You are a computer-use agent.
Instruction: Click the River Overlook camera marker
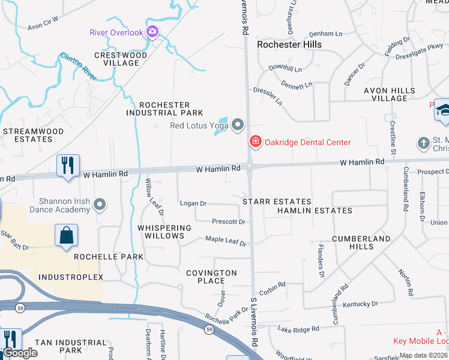(x=152, y=32)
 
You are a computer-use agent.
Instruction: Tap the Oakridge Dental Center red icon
(x=255, y=142)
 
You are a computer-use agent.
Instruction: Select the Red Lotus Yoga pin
(x=238, y=125)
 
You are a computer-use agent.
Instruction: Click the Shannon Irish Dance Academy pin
(x=100, y=206)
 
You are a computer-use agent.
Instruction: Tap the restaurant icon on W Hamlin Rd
(x=68, y=165)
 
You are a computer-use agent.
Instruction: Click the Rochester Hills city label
(x=289, y=44)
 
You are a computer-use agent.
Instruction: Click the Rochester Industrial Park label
(x=164, y=109)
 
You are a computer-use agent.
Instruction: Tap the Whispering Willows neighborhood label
(x=164, y=232)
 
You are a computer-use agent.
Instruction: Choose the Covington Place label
(x=211, y=277)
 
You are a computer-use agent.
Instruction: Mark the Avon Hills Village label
(x=389, y=94)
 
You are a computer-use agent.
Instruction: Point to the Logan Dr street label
(x=193, y=203)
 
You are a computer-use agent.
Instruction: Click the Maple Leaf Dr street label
(x=226, y=241)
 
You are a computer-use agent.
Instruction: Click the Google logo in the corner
(x=20, y=353)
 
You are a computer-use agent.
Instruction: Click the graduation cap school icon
(x=444, y=110)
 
